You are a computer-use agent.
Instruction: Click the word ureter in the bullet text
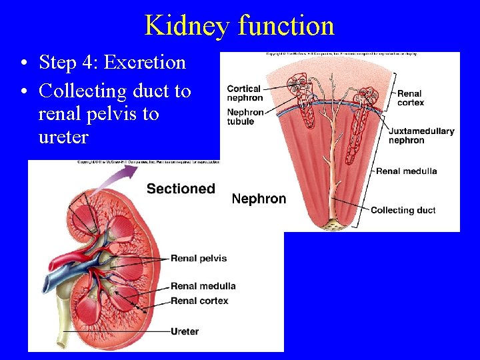point(63,137)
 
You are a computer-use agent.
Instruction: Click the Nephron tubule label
point(245,117)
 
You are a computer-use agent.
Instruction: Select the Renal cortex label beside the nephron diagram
point(410,98)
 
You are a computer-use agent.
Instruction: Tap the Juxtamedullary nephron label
point(421,135)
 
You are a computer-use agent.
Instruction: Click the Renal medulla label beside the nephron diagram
point(406,171)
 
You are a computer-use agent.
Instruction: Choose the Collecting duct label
point(403,210)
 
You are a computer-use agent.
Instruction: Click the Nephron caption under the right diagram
point(259,199)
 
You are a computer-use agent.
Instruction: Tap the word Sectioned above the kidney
point(181,189)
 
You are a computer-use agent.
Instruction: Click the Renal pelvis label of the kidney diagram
point(199,258)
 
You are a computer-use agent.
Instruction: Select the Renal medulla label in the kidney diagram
point(203,286)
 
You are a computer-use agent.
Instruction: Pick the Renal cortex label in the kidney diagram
point(199,301)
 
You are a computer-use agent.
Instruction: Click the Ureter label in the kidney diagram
point(185,331)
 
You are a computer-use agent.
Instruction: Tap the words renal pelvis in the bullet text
point(99,114)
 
